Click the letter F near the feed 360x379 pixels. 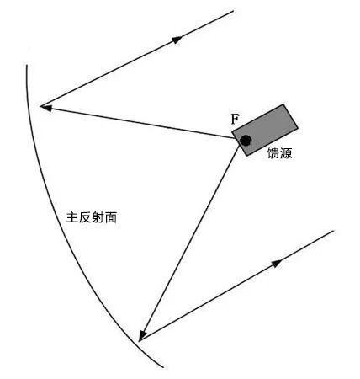coord(235,119)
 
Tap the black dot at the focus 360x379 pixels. coord(246,141)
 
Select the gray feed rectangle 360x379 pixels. coord(265,130)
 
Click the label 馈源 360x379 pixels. coord(279,153)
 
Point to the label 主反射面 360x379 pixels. coord(92,217)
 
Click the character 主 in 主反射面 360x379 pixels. coord(72,217)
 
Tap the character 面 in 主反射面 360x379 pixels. coord(111,217)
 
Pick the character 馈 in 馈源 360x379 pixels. coord(273,153)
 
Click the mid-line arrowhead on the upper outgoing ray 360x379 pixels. coord(177,40)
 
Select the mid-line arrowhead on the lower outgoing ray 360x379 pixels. coord(277,263)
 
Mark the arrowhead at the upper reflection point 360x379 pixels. coord(46,108)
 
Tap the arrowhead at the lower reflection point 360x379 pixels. coord(142,335)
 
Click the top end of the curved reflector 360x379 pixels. coord(27,65)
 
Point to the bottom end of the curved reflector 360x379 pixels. coord(163,367)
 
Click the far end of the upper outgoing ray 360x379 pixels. coord(234,11)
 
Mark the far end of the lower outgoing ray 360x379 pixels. coord(334,231)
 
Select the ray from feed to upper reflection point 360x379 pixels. coord(137,122)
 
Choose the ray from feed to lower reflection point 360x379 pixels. coord(188,243)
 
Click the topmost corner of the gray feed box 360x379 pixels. coord(284,104)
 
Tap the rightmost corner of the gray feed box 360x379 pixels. coord(298,129)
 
